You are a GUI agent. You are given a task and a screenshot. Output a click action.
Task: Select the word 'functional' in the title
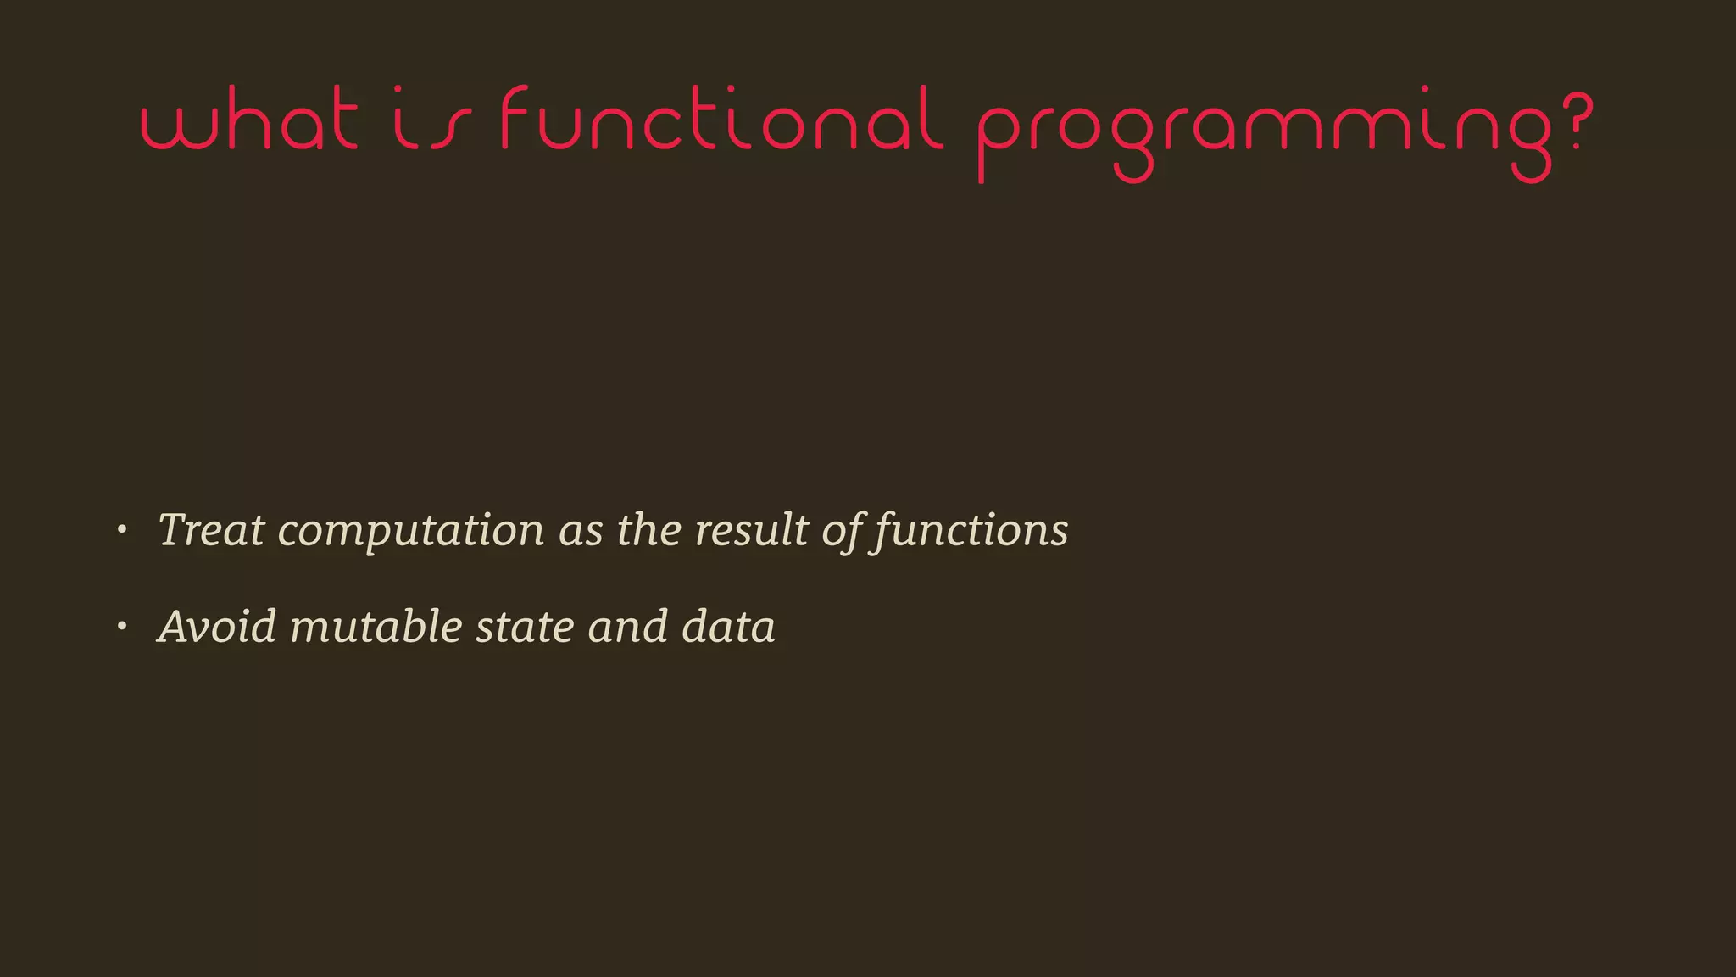tap(721, 120)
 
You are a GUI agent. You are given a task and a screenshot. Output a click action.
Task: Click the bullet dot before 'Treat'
tap(122, 530)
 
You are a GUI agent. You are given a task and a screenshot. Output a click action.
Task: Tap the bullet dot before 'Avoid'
tap(122, 627)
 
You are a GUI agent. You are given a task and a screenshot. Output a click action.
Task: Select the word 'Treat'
tap(211, 530)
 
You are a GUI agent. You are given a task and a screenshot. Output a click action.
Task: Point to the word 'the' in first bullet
tap(648, 530)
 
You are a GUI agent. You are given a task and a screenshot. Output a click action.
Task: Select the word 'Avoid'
tap(217, 627)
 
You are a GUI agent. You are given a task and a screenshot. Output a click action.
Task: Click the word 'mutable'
tap(376, 627)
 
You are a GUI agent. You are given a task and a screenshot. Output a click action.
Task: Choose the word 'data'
tap(728, 627)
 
